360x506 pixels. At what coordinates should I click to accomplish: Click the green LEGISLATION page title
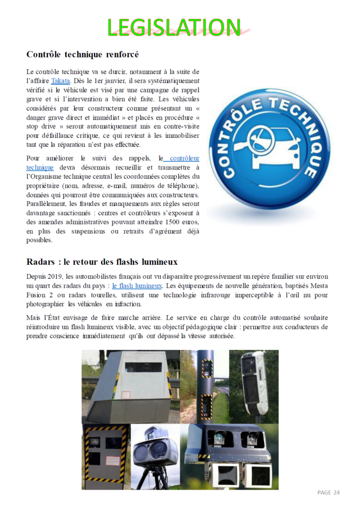pyautogui.click(x=174, y=27)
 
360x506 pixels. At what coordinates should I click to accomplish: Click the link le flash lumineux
pyautogui.click(x=137, y=286)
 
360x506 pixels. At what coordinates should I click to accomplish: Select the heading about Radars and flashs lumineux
pyautogui.click(x=102, y=262)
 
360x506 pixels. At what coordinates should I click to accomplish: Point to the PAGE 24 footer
pyautogui.click(x=328, y=492)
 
